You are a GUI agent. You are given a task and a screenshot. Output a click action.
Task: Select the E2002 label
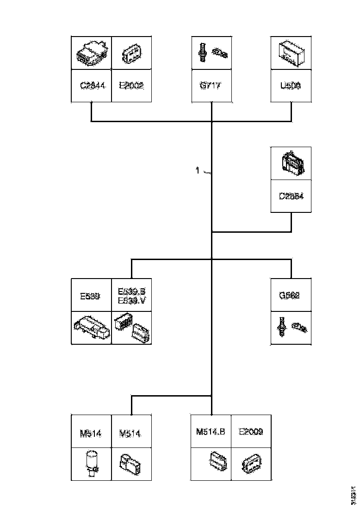[131, 86]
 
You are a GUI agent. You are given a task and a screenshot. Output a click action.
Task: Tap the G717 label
[211, 86]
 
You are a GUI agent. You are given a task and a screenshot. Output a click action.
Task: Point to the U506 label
[291, 86]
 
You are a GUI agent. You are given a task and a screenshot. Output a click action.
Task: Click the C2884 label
[291, 196]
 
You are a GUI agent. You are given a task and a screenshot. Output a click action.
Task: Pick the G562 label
[291, 295]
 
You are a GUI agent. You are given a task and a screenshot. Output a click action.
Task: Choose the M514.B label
[211, 432]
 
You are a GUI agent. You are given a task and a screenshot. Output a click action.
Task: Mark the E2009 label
[251, 432]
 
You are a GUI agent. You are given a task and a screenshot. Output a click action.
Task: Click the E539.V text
[132, 301]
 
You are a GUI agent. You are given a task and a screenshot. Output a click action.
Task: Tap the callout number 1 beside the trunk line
[198, 171]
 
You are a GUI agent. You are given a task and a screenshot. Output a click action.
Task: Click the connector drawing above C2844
[91, 54]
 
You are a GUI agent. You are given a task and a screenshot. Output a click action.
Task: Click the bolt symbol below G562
[282, 327]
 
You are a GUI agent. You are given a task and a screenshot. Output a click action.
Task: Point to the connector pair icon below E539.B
[132, 327]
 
